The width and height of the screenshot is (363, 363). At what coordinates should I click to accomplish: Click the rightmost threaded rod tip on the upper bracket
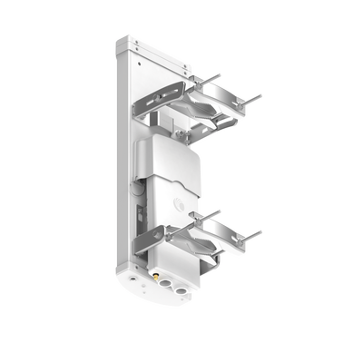264,93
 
